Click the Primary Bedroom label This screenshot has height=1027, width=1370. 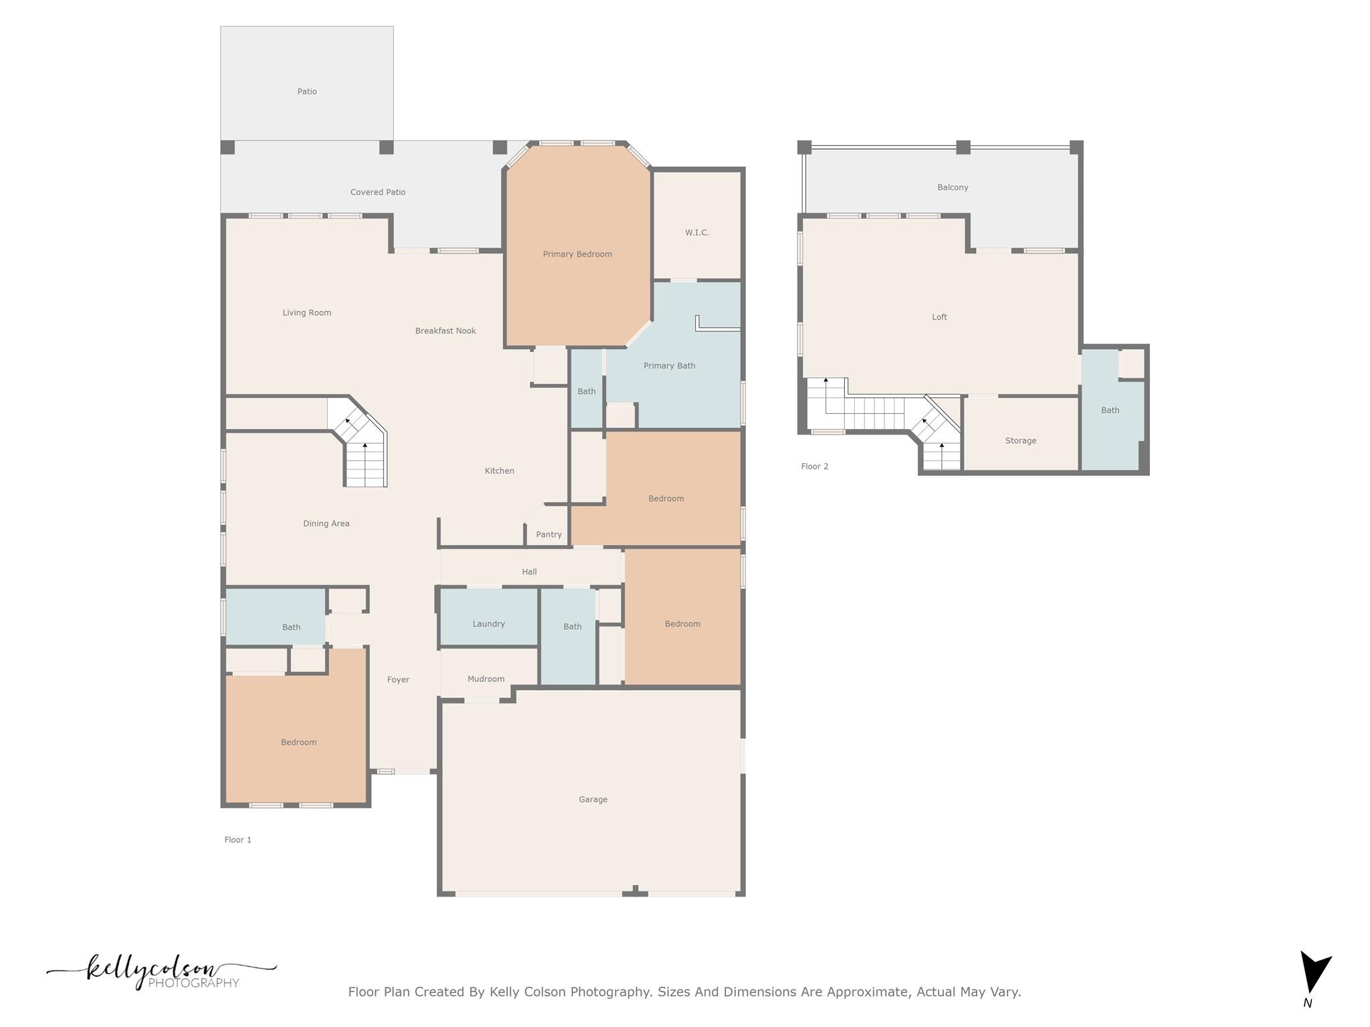click(577, 254)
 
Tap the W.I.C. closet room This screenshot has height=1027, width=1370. click(696, 232)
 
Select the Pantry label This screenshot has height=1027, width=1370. click(549, 534)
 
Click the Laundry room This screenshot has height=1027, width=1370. click(488, 623)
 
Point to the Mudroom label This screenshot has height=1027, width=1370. click(486, 679)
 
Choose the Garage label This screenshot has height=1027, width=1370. click(593, 799)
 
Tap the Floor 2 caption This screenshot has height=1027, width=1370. click(814, 466)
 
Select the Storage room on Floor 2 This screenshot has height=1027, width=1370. click(1020, 440)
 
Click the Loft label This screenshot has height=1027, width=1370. click(939, 317)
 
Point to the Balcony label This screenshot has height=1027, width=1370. click(953, 187)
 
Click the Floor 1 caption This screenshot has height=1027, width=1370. click(237, 840)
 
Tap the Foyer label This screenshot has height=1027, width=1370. click(398, 679)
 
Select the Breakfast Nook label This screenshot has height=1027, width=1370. click(446, 330)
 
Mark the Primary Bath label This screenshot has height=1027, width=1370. click(669, 365)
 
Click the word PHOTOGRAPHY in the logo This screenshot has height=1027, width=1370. click(193, 983)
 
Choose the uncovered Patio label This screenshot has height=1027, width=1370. click(307, 92)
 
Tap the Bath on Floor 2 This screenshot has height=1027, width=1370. click(1110, 410)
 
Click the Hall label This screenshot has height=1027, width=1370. click(529, 572)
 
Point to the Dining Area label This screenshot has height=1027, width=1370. click(326, 524)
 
